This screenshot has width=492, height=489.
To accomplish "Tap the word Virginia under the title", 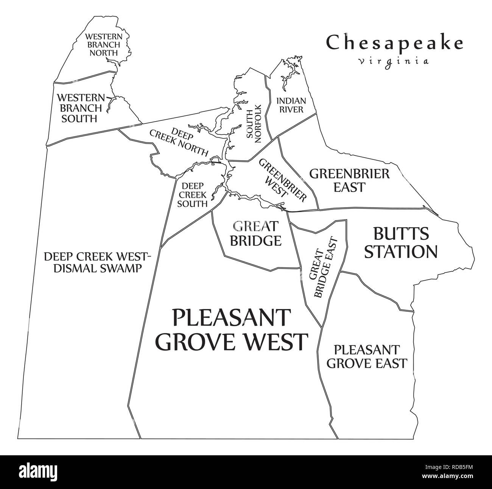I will (394, 61).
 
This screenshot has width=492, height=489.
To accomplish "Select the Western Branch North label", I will (103, 44).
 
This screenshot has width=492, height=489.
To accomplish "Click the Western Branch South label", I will (79, 108).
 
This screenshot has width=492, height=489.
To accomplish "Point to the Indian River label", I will (290, 105).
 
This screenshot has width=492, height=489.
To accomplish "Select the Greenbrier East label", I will (349, 180).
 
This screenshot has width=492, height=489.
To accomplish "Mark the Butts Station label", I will (400, 243).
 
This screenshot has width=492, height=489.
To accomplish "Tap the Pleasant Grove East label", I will (366, 356).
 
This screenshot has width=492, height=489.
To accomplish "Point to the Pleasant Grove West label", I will (232, 329).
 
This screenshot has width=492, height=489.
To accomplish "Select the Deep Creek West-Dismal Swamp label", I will (98, 262).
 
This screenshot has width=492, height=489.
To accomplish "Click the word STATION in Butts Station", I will (400, 252).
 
